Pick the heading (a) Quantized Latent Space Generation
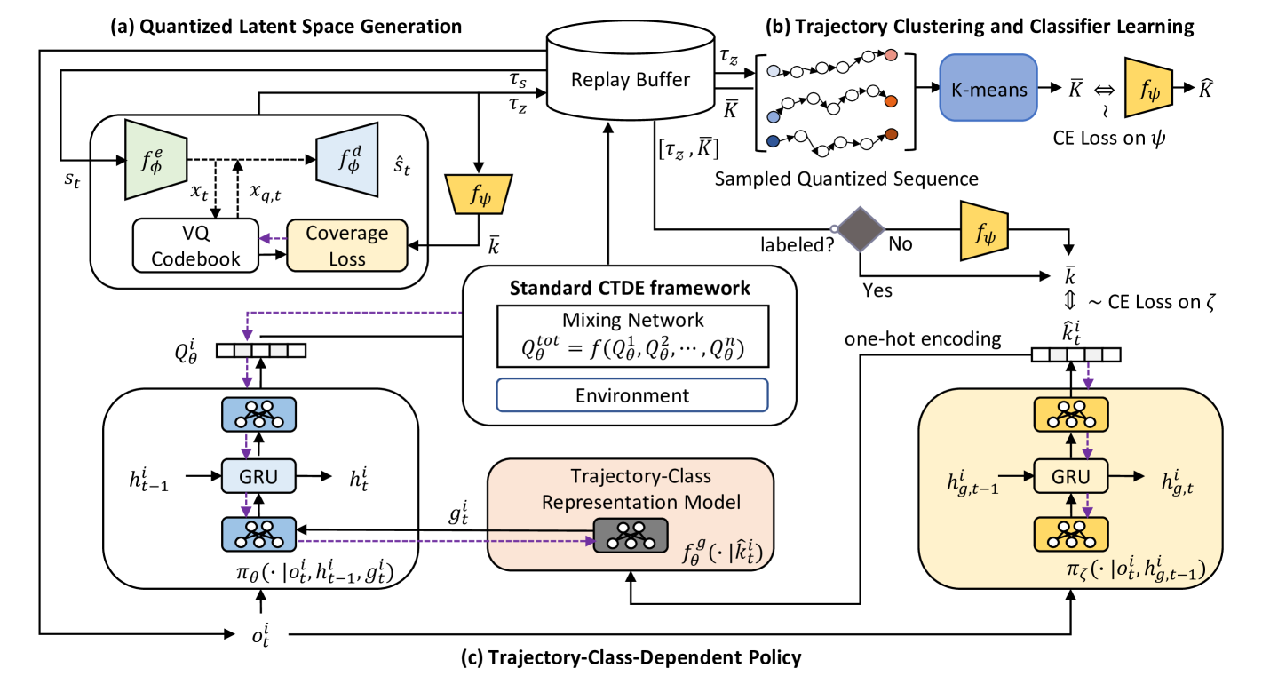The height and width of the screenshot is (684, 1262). (x=286, y=27)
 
